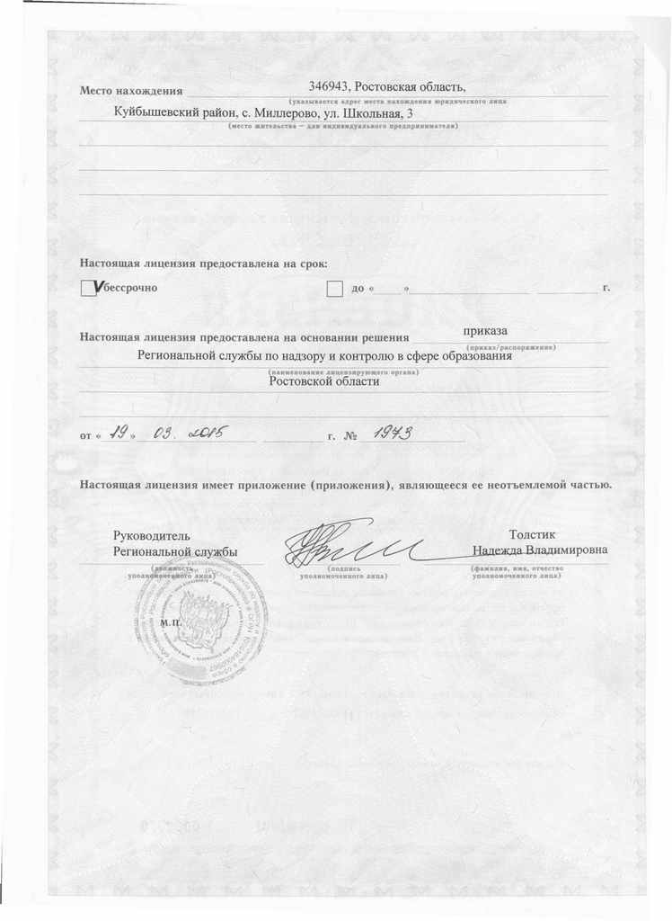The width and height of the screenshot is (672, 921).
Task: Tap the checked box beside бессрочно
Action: (x=88, y=288)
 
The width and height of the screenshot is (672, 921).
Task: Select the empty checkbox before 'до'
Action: (x=334, y=288)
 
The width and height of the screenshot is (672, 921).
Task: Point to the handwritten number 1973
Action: (x=392, y=434)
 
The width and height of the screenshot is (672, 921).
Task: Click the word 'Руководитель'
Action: (x=151, y=536)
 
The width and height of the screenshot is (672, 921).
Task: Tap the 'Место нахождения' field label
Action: (x=131, y=91)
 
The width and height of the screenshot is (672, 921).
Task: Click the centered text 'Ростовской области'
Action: (x=324, y=381)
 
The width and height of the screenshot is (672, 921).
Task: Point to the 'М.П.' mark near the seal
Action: (x=168, y=622)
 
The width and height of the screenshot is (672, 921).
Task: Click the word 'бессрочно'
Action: (x=130, y=288)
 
